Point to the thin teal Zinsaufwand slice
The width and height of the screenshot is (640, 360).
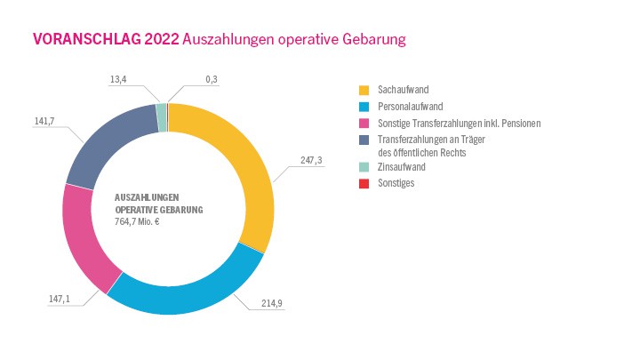(161, 111)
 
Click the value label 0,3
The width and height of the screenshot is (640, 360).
(212, 80)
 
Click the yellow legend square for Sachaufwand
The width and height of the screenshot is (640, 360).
(364, 91)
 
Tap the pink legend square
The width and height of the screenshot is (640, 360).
(364, 123)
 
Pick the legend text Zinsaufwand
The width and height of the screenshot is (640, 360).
(401, 167)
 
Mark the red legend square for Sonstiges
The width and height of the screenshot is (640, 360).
(364, 183)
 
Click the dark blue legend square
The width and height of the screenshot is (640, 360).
(364, 139)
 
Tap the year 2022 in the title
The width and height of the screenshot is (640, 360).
(162, 39)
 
